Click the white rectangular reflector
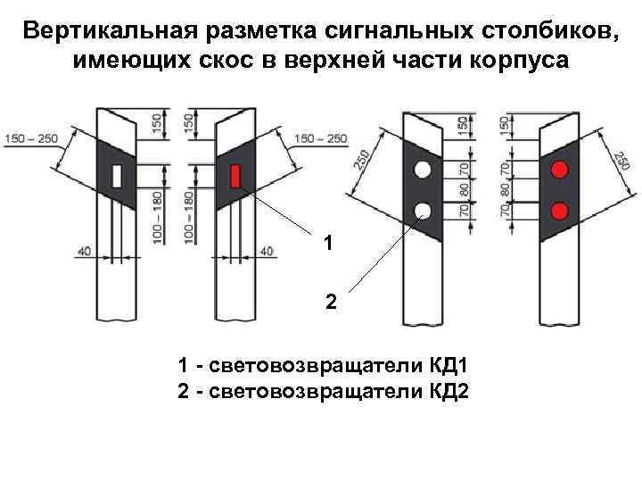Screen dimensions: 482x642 116,176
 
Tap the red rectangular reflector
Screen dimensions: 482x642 236,176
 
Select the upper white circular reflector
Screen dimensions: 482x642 422,169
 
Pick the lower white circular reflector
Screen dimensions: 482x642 422,211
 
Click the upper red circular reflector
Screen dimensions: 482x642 560,169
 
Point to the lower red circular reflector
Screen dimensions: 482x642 560,211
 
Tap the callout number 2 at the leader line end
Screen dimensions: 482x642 331,303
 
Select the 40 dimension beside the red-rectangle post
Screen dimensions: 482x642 266,253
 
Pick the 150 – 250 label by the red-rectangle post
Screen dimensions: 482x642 320,137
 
